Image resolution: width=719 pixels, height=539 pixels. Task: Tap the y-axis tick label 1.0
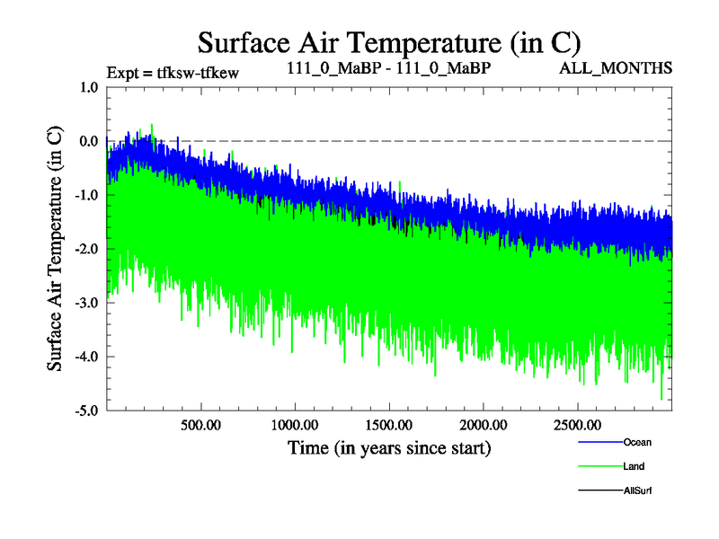tap(89, 87)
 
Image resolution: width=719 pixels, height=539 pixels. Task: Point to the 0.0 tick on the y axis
tap(89, 141)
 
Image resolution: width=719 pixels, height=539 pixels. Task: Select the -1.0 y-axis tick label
tap(87, 195)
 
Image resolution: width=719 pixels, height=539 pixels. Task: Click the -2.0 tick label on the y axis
tap(87, 249)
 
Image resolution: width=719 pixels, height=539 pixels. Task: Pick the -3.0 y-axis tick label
tap(87, 303)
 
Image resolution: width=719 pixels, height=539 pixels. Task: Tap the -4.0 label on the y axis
tap(87, 357)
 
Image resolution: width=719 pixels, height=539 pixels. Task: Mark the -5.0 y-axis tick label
tap(87, 411)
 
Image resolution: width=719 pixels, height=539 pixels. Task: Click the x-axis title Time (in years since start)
tap(389, 447)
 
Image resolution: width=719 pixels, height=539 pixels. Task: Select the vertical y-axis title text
tap(55, 249)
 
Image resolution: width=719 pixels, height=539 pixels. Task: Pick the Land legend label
tap(633, 466)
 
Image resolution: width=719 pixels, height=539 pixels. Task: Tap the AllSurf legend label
tap(637, 490)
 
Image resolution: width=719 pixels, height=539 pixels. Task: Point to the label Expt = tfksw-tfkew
tap(173, 73)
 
